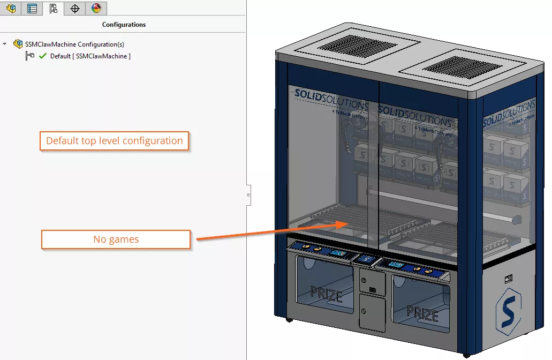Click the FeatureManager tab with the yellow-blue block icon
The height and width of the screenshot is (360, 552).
[x=11, y=9]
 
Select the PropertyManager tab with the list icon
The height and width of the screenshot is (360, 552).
[x=32, y=9]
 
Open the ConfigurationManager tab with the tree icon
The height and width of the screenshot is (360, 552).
[x=53, y=9]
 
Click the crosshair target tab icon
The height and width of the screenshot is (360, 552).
[x=75, y=9]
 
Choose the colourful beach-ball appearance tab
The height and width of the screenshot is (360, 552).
[x=96, y=9]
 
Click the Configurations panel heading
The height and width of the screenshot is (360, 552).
[x=124, y=25]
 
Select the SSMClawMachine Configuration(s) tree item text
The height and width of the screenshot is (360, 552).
[x=74, y=44]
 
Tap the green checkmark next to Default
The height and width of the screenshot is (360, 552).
[x=43, y=56]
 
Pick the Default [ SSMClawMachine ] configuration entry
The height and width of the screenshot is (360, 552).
[x=90, y=56]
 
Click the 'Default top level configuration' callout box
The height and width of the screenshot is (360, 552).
[x=114, y=141]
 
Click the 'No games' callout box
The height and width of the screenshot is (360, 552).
[x=116, y=239]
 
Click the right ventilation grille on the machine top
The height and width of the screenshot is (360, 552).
[x=449, y=67]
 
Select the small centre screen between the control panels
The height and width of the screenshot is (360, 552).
[x=367, y=259]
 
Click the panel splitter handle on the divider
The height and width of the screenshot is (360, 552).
[x=248, y=195]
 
